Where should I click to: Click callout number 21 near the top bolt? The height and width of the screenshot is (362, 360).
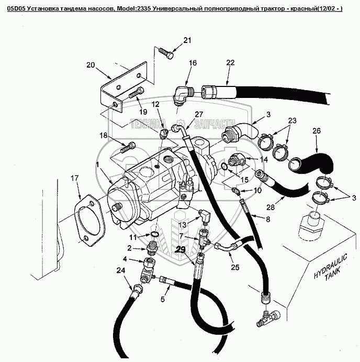click(x=187, y=40)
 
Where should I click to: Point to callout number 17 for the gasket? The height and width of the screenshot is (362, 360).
click(x=75, y=179)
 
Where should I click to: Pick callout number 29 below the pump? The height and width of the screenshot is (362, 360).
click(x=181, y=249)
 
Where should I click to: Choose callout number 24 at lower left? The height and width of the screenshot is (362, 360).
click(x=121, y=271)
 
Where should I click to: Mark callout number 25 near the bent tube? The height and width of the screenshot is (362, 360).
click(x=235, y=268)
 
